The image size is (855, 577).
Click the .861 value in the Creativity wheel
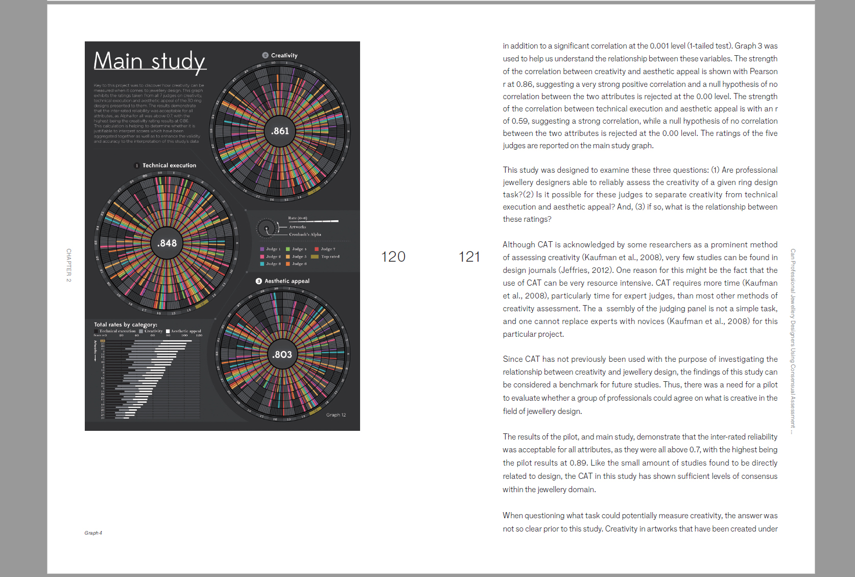click(x=280, y=131)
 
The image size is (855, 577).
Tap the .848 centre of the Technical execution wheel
click(x=167, y=243)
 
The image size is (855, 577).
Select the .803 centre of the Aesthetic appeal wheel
click(x=282, y=355)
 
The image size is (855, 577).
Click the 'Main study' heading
click(x=150, y=61)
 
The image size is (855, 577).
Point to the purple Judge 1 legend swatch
click(x=262, y=249)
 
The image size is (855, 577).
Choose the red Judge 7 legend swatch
click(x=317, y=249)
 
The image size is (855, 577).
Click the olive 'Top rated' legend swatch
click(x=315, y=257)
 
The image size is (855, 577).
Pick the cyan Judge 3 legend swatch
click(x=262, y=264)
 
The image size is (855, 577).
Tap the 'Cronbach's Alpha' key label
click(x=305, y=235)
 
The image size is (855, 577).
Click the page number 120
click(x=393, y=257)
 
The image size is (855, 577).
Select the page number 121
click(x=469, y=257)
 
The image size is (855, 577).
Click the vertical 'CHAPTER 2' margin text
click(x=69, y=265)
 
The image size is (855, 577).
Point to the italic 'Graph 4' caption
click(x=93, y=533)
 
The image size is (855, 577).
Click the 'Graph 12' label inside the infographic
click(x=336, y=415)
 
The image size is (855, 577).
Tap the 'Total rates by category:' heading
click(x=126, y=325)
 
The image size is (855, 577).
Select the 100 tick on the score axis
click(x=184, y=335)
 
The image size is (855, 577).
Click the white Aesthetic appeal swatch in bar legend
click(x=168, y=331)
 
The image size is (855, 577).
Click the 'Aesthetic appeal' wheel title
click(x=287, y=281)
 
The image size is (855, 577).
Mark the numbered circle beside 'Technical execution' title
click(x=137, y=166)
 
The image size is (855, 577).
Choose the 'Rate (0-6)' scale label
click(x=297, y=218)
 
